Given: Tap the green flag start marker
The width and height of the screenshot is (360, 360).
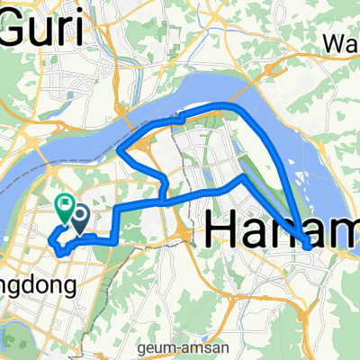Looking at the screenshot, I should (x=65, y=208).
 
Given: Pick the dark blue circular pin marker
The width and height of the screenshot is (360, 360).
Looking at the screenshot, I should (x=79, y=217).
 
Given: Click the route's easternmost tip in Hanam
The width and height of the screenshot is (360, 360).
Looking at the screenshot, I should (x=308, y=243).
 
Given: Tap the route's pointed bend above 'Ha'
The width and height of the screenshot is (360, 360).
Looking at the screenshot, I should (x=241, y=177).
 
